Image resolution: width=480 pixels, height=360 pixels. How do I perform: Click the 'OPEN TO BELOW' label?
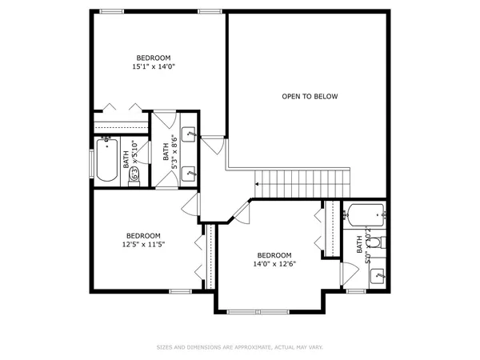(310, 97)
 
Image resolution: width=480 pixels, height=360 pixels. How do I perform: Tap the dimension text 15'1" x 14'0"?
(153, 67)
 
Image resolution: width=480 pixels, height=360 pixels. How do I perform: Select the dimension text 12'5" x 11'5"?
(142, 245)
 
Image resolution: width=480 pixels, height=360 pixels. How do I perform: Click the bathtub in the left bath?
(106, 160)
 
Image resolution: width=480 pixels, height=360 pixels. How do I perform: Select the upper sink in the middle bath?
(190, 134)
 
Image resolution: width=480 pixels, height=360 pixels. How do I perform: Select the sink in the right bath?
(378, 274)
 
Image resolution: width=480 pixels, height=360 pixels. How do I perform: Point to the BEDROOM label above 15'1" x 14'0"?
(153, 58)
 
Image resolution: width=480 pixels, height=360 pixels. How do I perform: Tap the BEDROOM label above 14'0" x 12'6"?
(272, 254)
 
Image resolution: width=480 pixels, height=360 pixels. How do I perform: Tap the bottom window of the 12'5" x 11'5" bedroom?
(180, 290)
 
